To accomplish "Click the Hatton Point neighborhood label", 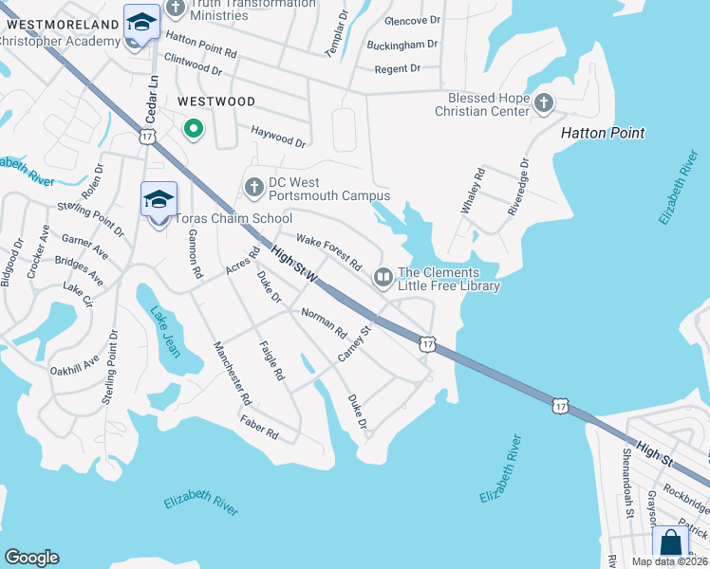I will click(602, 133).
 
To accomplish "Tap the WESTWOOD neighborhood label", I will click(215, 101).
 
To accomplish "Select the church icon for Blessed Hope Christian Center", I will click(544, 102).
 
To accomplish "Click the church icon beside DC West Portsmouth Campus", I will click(253, 188).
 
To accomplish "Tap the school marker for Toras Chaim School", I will click(159, 201).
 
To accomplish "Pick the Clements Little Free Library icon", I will click(383, 278).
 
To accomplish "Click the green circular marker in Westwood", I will click(194, 129).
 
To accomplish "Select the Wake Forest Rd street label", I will click(328, 250).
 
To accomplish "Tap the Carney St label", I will click(354, 343).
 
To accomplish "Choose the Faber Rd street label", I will click(258, 429).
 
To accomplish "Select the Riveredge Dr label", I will click(516, 187).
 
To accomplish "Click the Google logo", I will click(31, 558).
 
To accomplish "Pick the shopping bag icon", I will click(670, 543).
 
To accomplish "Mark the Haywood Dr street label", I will click(278, 138).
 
